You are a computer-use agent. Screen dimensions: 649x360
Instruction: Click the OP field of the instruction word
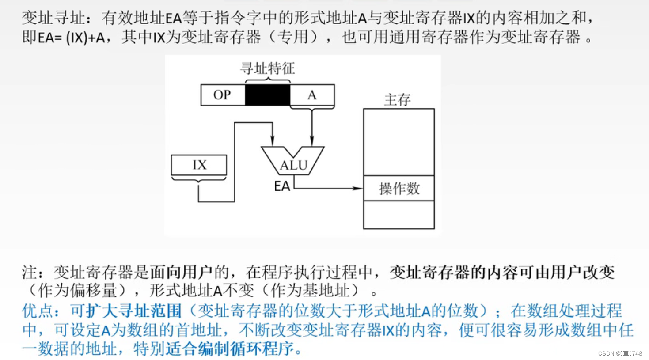(x=222, y=95)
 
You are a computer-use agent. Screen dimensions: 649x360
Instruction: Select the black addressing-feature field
(x=267, y=95)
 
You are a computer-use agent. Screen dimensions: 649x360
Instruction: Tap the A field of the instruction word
(x=312, y=95)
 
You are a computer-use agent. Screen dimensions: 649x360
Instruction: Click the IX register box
(x=199, y=165)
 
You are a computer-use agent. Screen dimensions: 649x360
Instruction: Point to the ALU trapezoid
(x=292, y=161)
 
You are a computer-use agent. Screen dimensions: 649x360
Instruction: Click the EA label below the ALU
(x=282, y=186)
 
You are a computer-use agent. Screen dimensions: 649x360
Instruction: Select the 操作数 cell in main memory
(x=399, y=189)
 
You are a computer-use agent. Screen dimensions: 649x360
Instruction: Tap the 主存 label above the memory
(x=397, y=100)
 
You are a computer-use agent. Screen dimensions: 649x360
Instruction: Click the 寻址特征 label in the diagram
(x=267, y=68)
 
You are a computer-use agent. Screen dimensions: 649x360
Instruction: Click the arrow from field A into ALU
(x=312, y=128)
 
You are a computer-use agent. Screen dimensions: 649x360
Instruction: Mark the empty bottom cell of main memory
(x=399, y=215)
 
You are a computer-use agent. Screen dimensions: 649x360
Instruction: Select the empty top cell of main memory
(x=399, y=142)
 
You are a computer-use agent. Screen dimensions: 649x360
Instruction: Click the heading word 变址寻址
(x=53, y=18)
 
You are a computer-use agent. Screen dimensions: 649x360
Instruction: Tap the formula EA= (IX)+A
(x=71, y=38)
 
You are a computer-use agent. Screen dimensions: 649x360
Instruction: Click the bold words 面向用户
(x=181, y=272)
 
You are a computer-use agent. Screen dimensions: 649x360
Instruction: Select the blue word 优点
(x=38, y=311)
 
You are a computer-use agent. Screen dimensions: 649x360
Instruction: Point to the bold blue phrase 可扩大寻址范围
(x=126, y=311)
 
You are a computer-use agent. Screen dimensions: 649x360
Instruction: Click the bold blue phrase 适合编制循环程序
(x=230, y=349)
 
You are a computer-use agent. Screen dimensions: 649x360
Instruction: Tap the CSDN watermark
(x=620, y=353)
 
